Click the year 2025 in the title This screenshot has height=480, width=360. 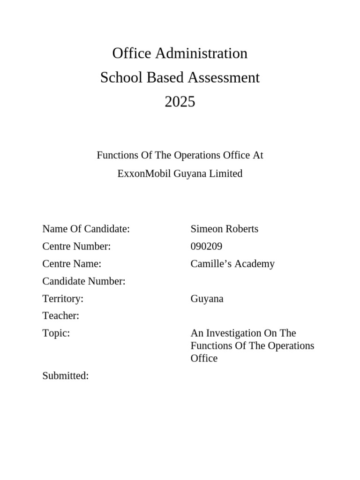(180, 102)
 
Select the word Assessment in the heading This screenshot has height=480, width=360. (224, 78)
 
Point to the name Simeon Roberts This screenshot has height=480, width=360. (224, 229)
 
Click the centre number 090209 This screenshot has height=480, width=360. (206, 246)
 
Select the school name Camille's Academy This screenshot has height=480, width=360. (232, 263)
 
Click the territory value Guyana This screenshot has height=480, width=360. (207, 299)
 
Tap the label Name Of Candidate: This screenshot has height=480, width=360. (86, 229)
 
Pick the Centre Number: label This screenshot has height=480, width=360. (76, 246)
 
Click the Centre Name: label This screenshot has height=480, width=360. (72, 263)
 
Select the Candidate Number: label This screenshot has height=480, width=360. (83, 281)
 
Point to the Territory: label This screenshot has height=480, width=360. (63, 299)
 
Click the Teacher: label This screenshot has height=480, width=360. (60, 316)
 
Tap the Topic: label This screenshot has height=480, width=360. (56, 333)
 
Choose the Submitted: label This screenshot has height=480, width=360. (65, 375)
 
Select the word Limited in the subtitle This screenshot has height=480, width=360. (227, 174)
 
